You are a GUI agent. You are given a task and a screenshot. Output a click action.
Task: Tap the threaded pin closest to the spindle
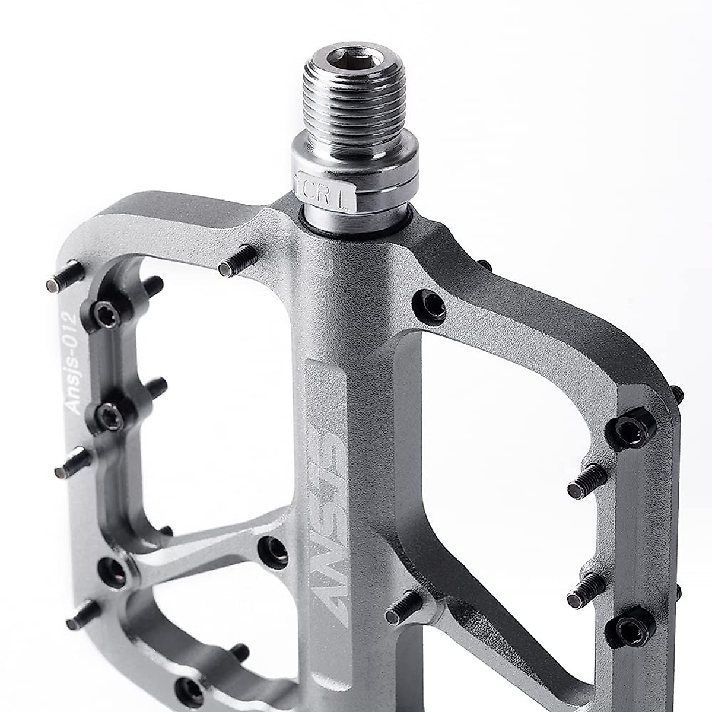(237, 261)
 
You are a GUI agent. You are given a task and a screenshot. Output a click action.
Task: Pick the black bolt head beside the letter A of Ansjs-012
(110, 418)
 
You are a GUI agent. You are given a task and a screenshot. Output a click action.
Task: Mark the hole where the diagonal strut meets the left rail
(113, 571)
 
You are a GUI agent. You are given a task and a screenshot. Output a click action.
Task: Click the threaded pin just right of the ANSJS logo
(405, 605)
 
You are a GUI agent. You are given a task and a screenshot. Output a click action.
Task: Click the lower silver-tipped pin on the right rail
(586, 590)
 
